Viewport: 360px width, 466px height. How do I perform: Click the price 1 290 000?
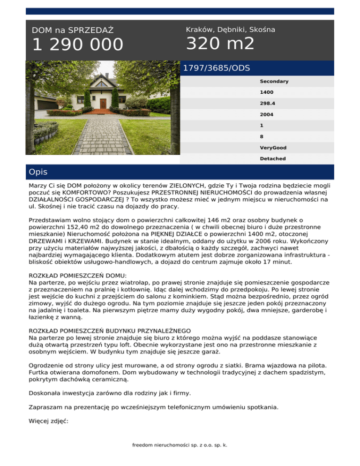(x=77, y=45)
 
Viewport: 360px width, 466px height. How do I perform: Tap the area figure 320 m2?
(x=220, y=44)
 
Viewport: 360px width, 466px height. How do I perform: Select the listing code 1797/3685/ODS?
(x=216, y=68)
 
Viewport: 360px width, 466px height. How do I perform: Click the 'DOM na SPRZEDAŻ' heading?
(x=73, y=30)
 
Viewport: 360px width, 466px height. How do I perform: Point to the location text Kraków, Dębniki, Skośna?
(x=230, y=30)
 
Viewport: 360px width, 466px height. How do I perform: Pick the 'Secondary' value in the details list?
(x=274, y=82)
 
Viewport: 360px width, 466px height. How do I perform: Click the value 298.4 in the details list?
(x=268, y=104)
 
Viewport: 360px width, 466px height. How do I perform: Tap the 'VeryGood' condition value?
(x=273, y=148)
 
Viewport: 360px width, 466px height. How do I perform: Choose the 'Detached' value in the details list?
(x=273, y=159)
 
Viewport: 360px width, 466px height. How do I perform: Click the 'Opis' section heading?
(x=37, y=172)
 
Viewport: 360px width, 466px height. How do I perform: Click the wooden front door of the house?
(x=103, y=104)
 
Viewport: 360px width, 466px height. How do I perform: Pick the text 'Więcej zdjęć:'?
(x=49, y=421)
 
